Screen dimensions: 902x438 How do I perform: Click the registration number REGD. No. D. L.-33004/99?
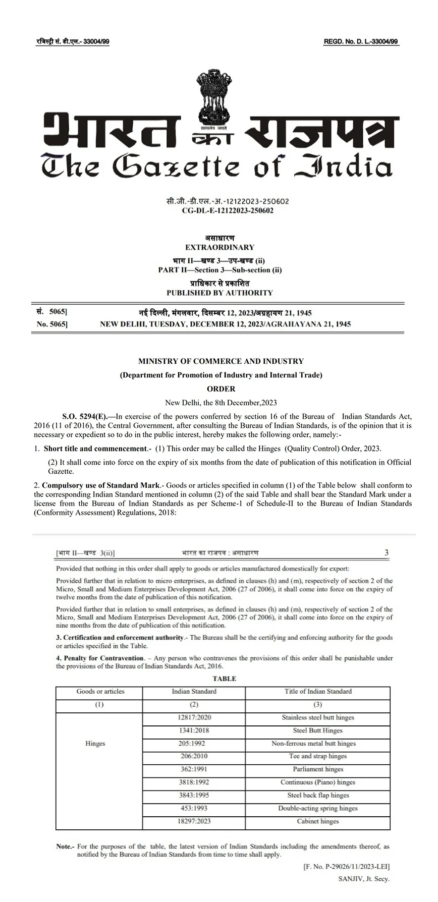pos(361,42)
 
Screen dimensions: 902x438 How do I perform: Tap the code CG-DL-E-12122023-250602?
pos(228,210)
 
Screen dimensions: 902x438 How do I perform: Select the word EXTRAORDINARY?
pos(220,247)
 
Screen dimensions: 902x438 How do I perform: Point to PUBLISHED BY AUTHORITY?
pos(220,293)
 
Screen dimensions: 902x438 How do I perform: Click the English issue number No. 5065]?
pos(52,324)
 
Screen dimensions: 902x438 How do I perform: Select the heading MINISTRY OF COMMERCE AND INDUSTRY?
pos(221,361)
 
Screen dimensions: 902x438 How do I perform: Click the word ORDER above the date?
pos(221,389)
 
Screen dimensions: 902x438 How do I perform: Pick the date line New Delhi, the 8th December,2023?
pos(221,403)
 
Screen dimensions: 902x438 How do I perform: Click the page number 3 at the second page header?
pos(387,552)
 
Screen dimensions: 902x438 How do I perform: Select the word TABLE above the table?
pos(224,679)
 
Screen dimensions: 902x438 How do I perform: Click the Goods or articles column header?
pos(100,691)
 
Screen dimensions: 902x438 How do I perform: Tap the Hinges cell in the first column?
pos(95,744)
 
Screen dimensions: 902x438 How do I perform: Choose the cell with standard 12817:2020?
pos(194,717)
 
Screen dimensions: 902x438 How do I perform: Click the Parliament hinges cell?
pos(318,769)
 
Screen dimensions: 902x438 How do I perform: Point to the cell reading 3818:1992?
pos(194,782)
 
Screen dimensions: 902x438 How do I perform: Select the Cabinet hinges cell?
pos(318,821)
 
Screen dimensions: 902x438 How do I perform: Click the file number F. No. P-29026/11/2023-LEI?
pos(346,867)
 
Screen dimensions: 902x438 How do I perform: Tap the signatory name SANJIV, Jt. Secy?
pos(364,878)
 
